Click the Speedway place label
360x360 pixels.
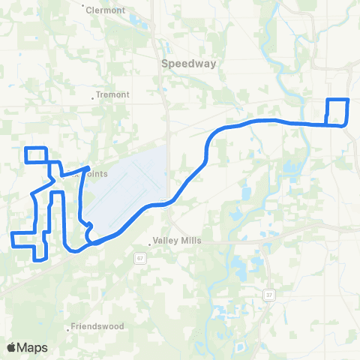(x=188, y=64)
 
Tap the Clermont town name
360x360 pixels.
(x=105, y=10)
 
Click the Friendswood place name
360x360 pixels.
(x=92, y=327)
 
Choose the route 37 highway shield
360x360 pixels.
(x=269, y=295)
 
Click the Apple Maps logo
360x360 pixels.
(x=27, y=347)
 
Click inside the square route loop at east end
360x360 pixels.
(x=337, y=112)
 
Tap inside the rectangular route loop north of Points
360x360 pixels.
(x=36, y=154)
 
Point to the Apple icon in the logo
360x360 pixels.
(x=11, y=347)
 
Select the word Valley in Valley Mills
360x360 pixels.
(x=165, y=241)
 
